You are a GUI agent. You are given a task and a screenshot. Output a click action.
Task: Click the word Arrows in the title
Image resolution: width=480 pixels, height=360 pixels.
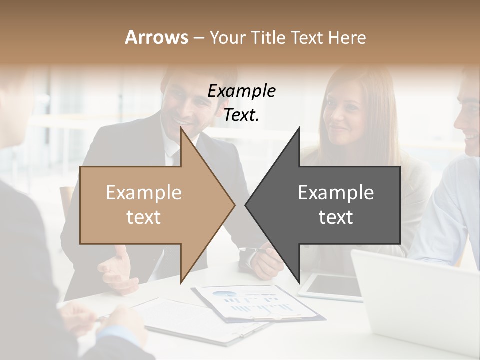[x=156, y=37]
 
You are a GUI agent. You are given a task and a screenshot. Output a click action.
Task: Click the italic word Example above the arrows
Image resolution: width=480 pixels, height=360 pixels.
[x=242, y=91]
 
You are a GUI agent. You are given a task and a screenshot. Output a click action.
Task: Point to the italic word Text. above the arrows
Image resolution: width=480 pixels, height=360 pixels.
[x=242, y=115]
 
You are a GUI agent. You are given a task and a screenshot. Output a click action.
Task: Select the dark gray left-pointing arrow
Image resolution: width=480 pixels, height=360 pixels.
[x=330, y=205]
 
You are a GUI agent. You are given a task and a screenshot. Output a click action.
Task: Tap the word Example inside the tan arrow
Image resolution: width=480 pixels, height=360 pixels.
[x=144, y=193]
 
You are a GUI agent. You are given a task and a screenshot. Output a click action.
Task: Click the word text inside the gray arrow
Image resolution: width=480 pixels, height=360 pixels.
[x=336, y=217]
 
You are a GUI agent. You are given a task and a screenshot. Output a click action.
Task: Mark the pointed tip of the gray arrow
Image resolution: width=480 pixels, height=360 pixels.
[x=247, y=205]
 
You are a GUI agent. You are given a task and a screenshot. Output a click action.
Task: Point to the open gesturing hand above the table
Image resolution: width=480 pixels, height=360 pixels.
[x=117, y=270]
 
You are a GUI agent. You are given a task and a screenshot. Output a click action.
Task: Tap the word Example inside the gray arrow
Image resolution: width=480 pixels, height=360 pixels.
[x=336, y=193]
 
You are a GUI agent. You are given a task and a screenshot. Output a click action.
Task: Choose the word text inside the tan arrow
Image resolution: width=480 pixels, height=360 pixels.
[x=144, y=217]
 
